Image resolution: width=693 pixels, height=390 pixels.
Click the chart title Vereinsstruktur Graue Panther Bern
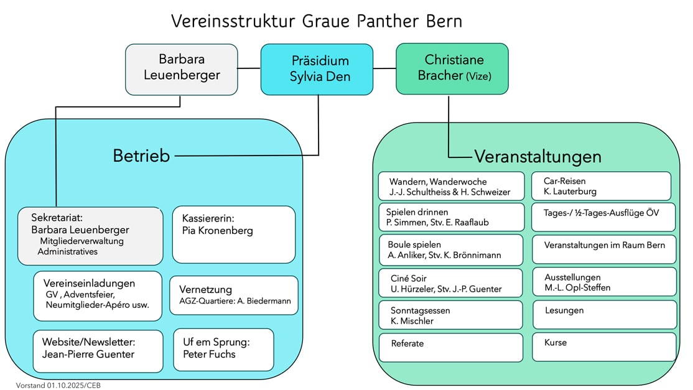(317, 21)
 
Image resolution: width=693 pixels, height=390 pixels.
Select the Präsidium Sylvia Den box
(320, 69)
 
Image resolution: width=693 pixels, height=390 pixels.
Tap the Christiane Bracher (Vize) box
(452, 68)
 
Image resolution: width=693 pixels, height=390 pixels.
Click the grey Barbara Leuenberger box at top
(181, 68)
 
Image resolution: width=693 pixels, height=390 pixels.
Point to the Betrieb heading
(141, 156)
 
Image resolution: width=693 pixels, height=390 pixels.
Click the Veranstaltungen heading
(537, 156)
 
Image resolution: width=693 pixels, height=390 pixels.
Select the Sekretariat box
(90, 235)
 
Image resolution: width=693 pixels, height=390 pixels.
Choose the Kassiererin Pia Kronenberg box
(233, 234)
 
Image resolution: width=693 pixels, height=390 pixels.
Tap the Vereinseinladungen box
(98, 295)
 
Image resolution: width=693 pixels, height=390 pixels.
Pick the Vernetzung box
(233, 295)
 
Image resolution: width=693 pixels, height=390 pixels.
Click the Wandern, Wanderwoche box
(451, 186)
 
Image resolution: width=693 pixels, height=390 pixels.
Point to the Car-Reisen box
(601, 186)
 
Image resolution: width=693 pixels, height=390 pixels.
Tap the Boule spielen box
(451, 249)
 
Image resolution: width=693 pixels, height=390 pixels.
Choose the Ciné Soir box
(451, 282)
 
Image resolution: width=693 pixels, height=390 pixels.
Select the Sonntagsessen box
(451, 315)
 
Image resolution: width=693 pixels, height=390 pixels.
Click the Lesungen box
(604, 314)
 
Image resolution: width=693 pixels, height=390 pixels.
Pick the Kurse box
(604, 346)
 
